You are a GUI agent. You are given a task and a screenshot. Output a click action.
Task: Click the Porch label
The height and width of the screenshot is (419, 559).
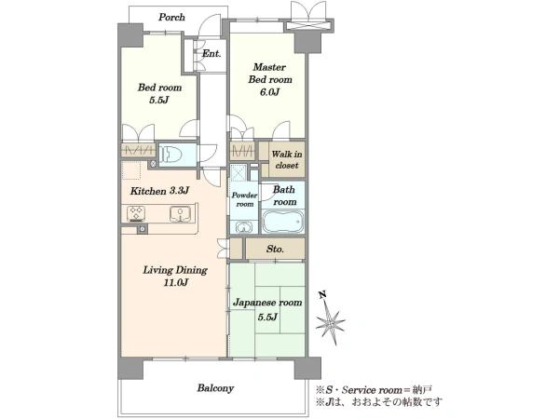pyautogui.click(x=171, y=17)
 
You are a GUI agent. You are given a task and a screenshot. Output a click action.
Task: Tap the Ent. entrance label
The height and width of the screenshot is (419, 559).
pyautogui.click(x=211, y=53)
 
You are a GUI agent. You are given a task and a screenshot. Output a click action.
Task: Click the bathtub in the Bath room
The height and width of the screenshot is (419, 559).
pyautogui.click(x=283, y=221)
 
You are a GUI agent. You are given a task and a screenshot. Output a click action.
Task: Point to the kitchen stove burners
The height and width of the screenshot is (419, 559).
pyautogui.click(x=136, y=212)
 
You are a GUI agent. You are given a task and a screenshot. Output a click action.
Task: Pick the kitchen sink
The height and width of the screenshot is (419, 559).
pyautogui.click(x=181, y=213)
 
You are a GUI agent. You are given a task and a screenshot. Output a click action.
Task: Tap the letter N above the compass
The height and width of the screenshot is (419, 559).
pyautogui.click(x=323, y=294)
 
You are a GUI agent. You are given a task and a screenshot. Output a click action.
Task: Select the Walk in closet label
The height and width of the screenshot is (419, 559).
pyautogui.click(x=287, y=159)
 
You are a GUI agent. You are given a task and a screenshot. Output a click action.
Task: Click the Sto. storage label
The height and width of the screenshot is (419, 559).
pyautogui.click(x=275, y=249)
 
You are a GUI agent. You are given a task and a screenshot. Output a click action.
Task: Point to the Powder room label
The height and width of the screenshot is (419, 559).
pyautogui.click(x=244, y=199)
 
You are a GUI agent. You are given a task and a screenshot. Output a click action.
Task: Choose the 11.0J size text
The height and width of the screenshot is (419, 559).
pyautogui.click(x=176, y=282)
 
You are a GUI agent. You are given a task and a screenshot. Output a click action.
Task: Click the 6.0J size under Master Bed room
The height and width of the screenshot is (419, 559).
pyautogui.click(x=269, y=92)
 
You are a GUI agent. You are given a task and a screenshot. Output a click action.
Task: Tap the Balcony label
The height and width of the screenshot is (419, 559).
pyautogui.click(x=215, y=387)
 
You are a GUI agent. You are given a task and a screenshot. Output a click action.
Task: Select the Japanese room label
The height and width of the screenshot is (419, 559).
pyautogui.click(x=267, y=303)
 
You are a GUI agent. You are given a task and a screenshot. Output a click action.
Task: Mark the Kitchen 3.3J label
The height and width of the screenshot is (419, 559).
pyautogui.click(x=159, y=191)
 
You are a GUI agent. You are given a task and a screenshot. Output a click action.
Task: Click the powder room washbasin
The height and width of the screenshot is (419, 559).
pyautogui.click(x=244, y=227)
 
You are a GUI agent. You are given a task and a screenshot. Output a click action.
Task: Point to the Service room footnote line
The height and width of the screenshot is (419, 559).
pyautogui.click(x=374, y=390)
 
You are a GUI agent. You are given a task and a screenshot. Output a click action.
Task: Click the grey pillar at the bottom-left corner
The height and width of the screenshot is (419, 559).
pyautogui.click(x=130, y=369)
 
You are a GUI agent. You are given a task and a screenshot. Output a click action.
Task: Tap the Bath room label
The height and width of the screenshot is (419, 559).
pyautogui.click(x=284, y=196)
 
